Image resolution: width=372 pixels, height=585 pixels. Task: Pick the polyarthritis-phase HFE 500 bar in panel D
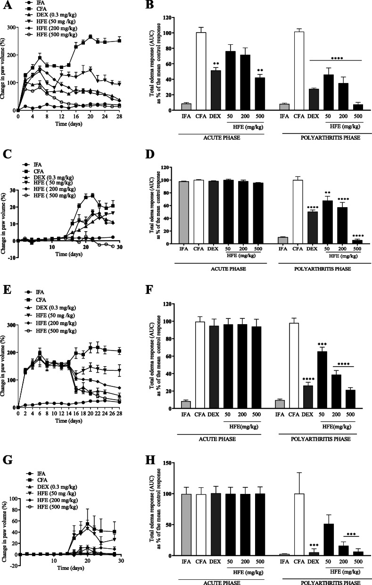pos(358,242)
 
